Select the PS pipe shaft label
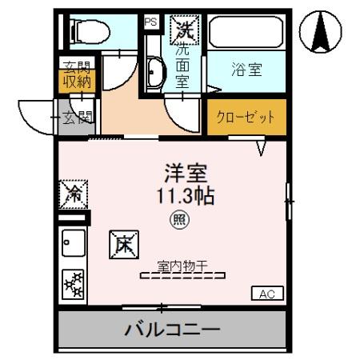click(150, 22)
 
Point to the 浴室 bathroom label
click(246, 70)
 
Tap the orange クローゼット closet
click(246, 117)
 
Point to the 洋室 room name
click(187, 172)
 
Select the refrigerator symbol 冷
click(74, 193)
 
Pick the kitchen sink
click(73, 241)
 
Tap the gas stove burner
click(74, 285)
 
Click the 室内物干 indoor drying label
click(182, 265)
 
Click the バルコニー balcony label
click(172, 329)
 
